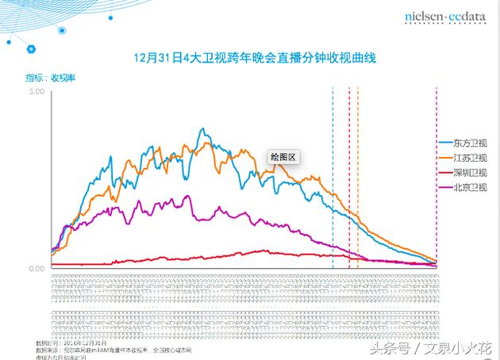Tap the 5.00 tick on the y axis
(36, 92)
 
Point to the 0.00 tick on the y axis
(36, 268)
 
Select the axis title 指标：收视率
(48, 78)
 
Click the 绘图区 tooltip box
(282, 157)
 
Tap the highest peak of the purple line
(187, 196)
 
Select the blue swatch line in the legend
(444, 144)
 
